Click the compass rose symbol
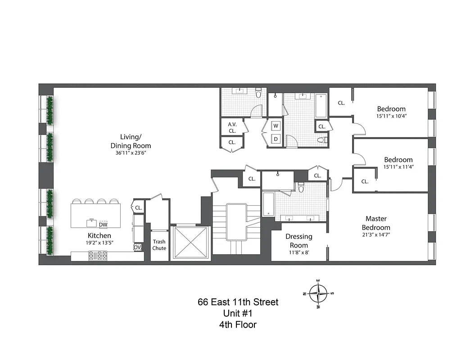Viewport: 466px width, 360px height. pos(319,293)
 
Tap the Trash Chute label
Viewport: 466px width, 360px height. pos(159,245)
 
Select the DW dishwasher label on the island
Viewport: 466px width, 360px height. pos(103,224)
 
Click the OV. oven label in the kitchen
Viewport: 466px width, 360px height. pos(137,247)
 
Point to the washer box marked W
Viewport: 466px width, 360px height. pos(276,126)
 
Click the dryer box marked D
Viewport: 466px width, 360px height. pos(276,139)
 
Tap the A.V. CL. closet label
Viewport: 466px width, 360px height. pos(232,127)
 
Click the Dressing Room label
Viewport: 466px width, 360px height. pos(299,241)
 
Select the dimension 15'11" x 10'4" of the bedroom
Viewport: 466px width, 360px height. pos(391,116)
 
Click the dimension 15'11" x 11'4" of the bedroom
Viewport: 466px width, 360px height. pos(398,167)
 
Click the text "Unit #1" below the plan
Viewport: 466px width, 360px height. pos(238,313)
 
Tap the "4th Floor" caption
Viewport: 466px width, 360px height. pos(238,324)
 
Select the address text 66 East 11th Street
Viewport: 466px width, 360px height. pos(238,302)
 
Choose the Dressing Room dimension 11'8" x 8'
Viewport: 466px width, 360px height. pos(299,252)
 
